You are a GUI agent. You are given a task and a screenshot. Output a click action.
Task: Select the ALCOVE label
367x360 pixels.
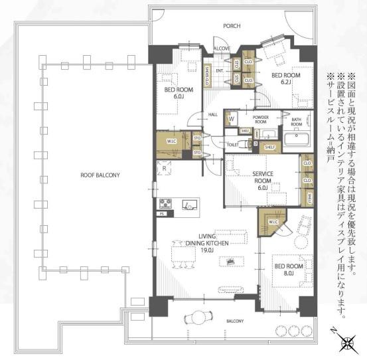click(x=221, y=48)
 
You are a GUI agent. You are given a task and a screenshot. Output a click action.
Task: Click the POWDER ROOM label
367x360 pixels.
click(x=260, y=119)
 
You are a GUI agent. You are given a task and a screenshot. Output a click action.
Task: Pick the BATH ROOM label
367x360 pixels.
click(x=297, y=122)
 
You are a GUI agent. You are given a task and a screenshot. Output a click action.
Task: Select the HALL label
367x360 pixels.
click(x=213, y=114)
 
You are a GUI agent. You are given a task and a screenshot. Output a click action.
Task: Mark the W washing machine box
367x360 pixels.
click(x=231, y=120)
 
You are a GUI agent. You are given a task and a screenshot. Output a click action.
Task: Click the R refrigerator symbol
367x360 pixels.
click(x=164, y=169)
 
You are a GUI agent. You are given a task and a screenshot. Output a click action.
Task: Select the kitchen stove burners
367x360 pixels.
click(x=165, y=203)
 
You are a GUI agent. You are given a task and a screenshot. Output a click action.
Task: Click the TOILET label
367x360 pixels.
click(x=232, y=143)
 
